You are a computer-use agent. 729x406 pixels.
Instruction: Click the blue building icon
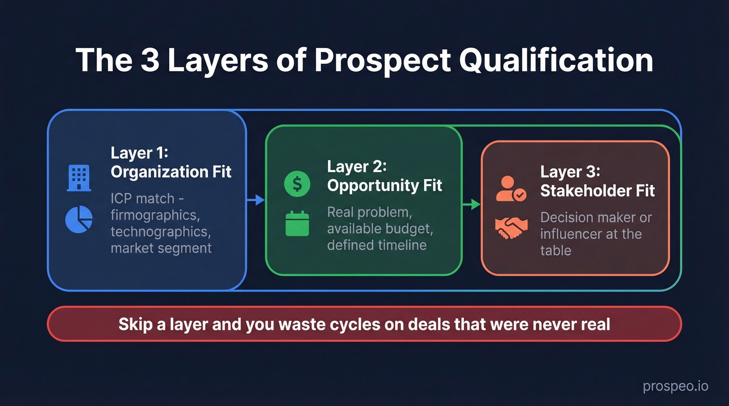79,177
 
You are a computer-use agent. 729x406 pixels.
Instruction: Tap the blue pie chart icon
79,219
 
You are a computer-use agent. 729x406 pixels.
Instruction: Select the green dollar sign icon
297,184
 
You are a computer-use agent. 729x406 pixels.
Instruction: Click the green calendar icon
297,223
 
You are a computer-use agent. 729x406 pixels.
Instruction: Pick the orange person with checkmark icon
510,189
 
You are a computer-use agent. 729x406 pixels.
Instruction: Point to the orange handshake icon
510,228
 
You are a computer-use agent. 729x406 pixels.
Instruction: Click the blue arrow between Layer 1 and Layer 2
256,200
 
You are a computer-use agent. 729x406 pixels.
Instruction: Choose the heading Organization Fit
171,172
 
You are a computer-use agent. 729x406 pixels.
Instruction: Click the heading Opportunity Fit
384,186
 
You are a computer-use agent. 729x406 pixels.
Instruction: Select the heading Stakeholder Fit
597,191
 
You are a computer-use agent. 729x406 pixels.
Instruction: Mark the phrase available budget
380,228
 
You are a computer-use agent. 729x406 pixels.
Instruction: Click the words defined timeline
376,244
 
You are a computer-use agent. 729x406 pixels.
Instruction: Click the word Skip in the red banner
135,324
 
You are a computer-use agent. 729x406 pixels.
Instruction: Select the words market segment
161,247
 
